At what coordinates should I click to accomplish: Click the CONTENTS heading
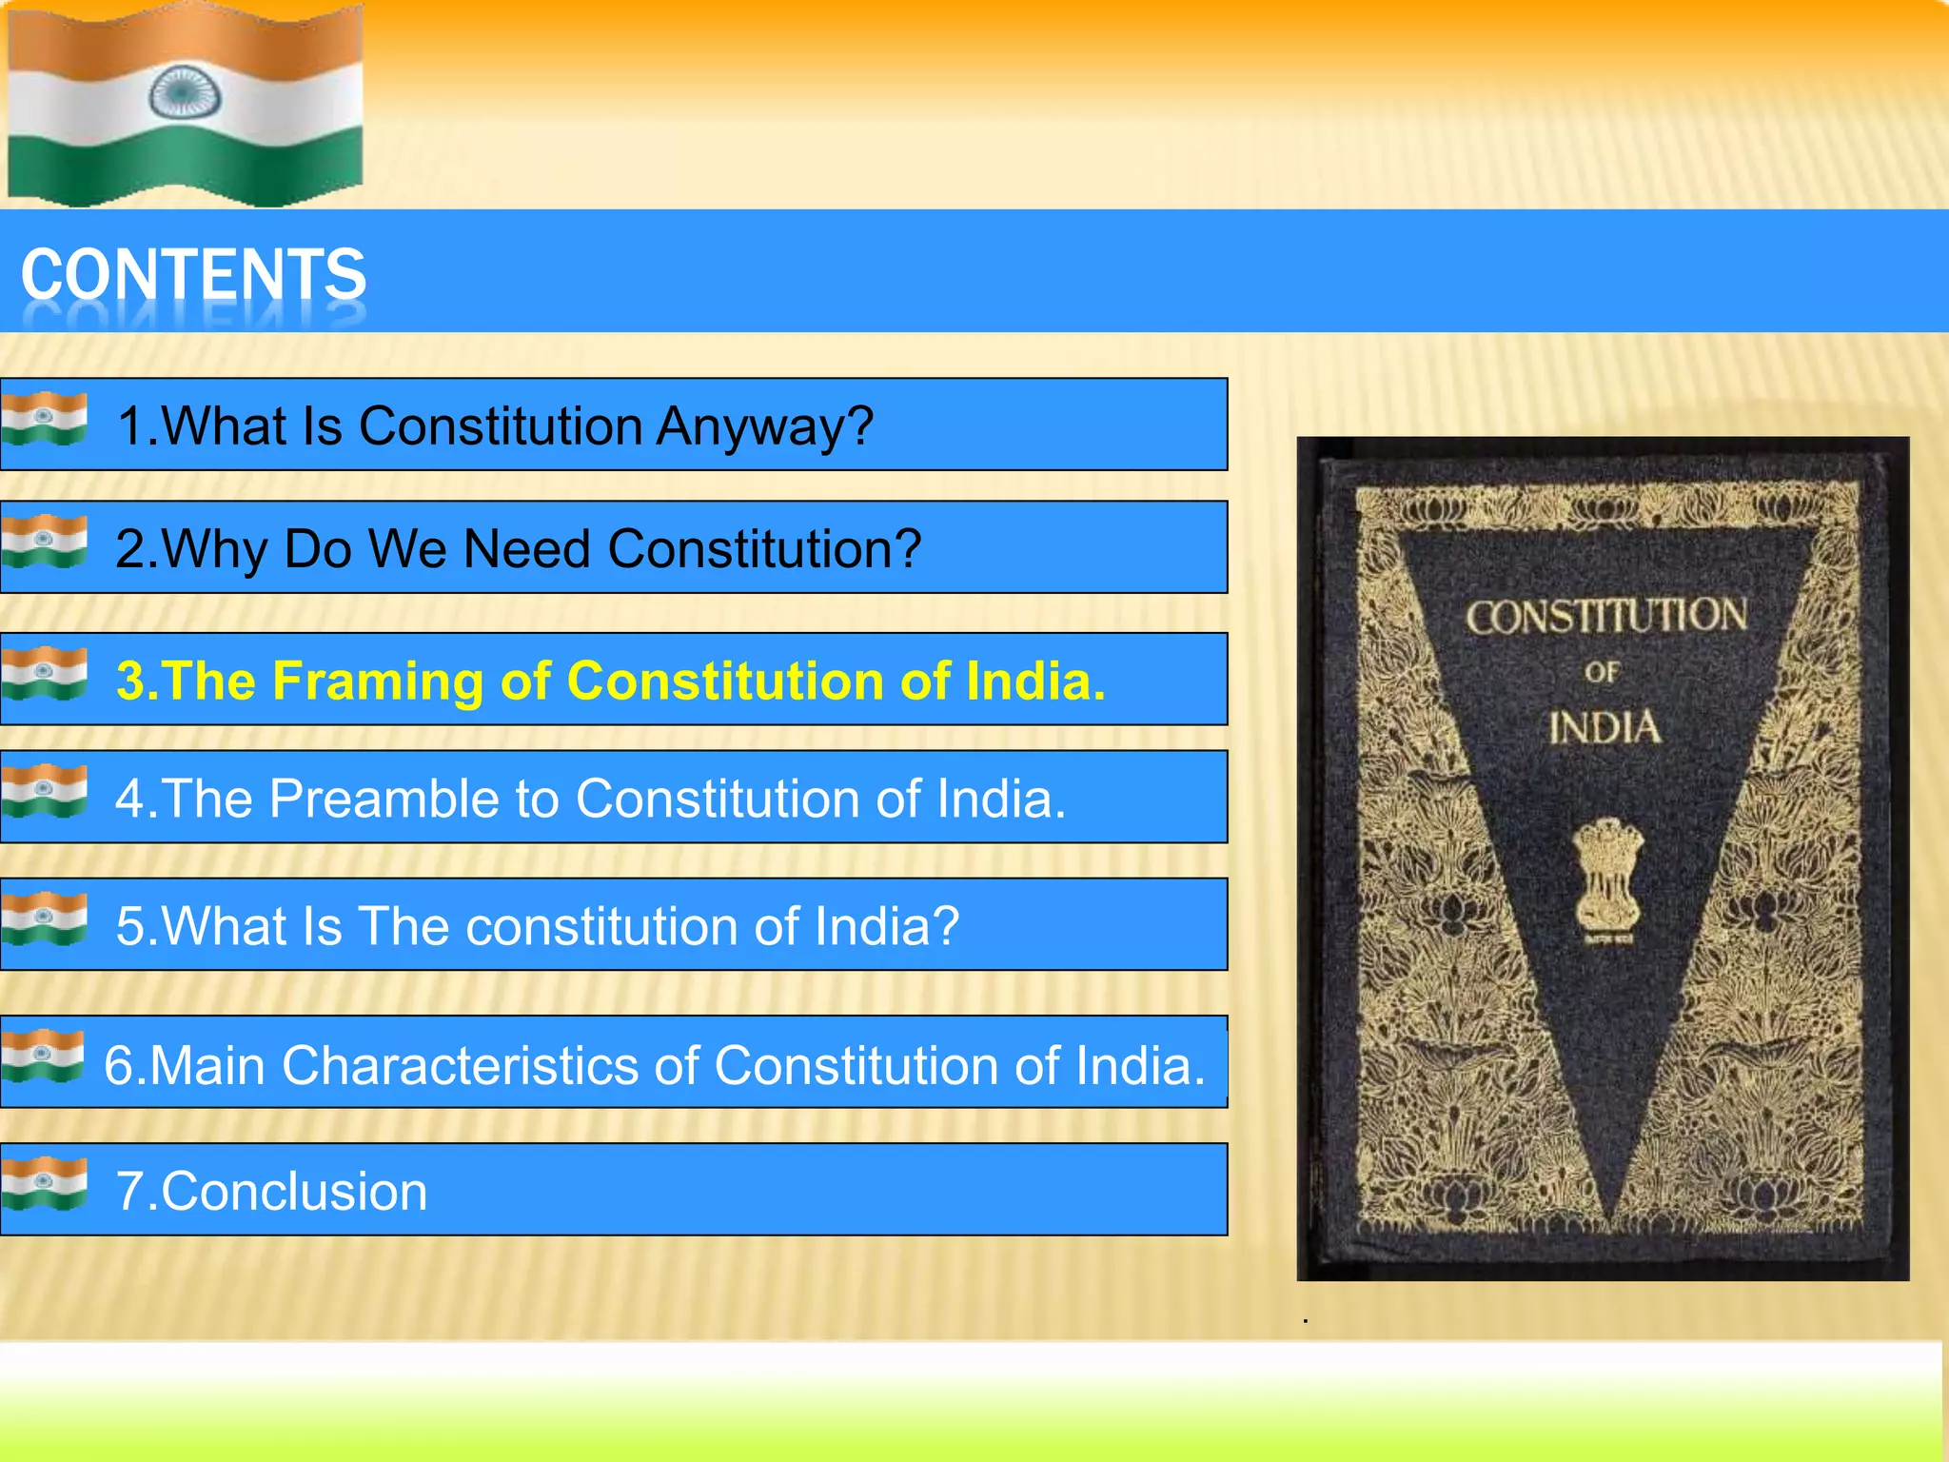(x=193, y=274)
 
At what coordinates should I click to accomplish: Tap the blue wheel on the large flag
(x=185, y=94)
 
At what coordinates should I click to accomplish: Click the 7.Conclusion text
(x=271, y=1191)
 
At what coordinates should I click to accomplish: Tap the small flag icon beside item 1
(x=44, y=419)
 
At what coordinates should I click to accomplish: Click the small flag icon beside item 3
(x=44, y=673)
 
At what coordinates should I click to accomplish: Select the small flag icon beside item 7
(x=44, y=1183)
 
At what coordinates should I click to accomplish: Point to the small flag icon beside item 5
(x=44, y=919)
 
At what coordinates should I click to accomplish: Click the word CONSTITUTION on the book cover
(x=1606, y=617)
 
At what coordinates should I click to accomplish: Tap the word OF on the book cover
(x=1602, y=673)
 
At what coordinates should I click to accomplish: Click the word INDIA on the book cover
(x=1604, y=728)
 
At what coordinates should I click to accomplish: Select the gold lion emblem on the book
(x=1607, y=877)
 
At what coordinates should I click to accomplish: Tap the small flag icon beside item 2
(x=44, y=541)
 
